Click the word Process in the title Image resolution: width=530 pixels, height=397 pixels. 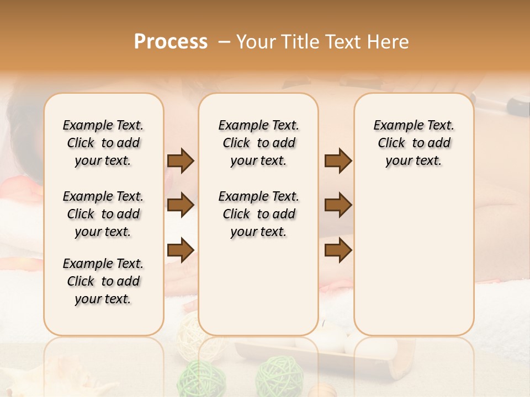tap(171, 42)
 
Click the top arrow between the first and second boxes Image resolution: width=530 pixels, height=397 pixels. tap(181, 161)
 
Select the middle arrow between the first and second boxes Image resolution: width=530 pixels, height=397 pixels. tap(181, 206)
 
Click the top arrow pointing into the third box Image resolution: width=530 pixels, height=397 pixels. tap(338, 161)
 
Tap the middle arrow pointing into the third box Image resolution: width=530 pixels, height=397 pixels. tap(338, 206)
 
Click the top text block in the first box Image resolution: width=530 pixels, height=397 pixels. tap(103, 143)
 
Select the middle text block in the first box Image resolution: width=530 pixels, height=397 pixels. tap(103, 214)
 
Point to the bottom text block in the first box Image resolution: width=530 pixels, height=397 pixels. tap(103, 281)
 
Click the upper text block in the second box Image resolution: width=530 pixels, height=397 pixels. tap(259, 143)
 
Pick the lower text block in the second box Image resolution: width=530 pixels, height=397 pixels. tap(259, 214)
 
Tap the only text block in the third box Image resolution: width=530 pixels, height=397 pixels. tap(414, 143)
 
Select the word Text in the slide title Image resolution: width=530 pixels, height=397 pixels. tap(346, 42)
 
